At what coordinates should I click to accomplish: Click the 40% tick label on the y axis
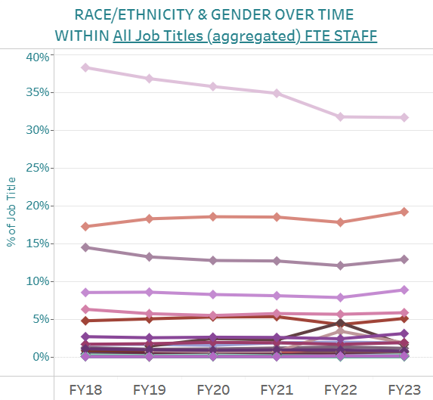pyautogui.click(x=37, y=57)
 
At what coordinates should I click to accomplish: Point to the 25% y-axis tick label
pyautogui.click(x=37, y=168)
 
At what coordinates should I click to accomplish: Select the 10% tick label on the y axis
pyautogui.click(x=37, y=281)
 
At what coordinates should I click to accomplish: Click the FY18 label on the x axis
pyautogui.click(x=85, y=389)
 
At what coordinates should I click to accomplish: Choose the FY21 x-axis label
pyautogui.click(x=277, y=389)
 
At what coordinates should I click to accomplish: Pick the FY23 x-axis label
pyautogui.click(x=404, y=389)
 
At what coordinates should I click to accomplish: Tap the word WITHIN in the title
pyautogui.click(x=82, y=36)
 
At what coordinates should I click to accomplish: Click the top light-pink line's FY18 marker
pyautogui.click(x=85, y=67)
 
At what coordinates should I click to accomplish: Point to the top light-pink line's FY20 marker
pyautogui.click(x=213, y=86)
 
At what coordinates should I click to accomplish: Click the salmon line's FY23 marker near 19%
pyautogui.click(x=404, y=212)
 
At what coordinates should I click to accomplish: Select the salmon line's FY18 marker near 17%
pyautogui.click(x=85, y=226)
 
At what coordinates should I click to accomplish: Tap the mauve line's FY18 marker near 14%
pyautogui.click(x=85, y=247)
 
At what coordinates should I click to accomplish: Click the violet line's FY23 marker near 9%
pyautogui.click(x=404, y=290)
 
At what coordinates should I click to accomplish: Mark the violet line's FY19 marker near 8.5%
pyautogui.click(x=149, y=292)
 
